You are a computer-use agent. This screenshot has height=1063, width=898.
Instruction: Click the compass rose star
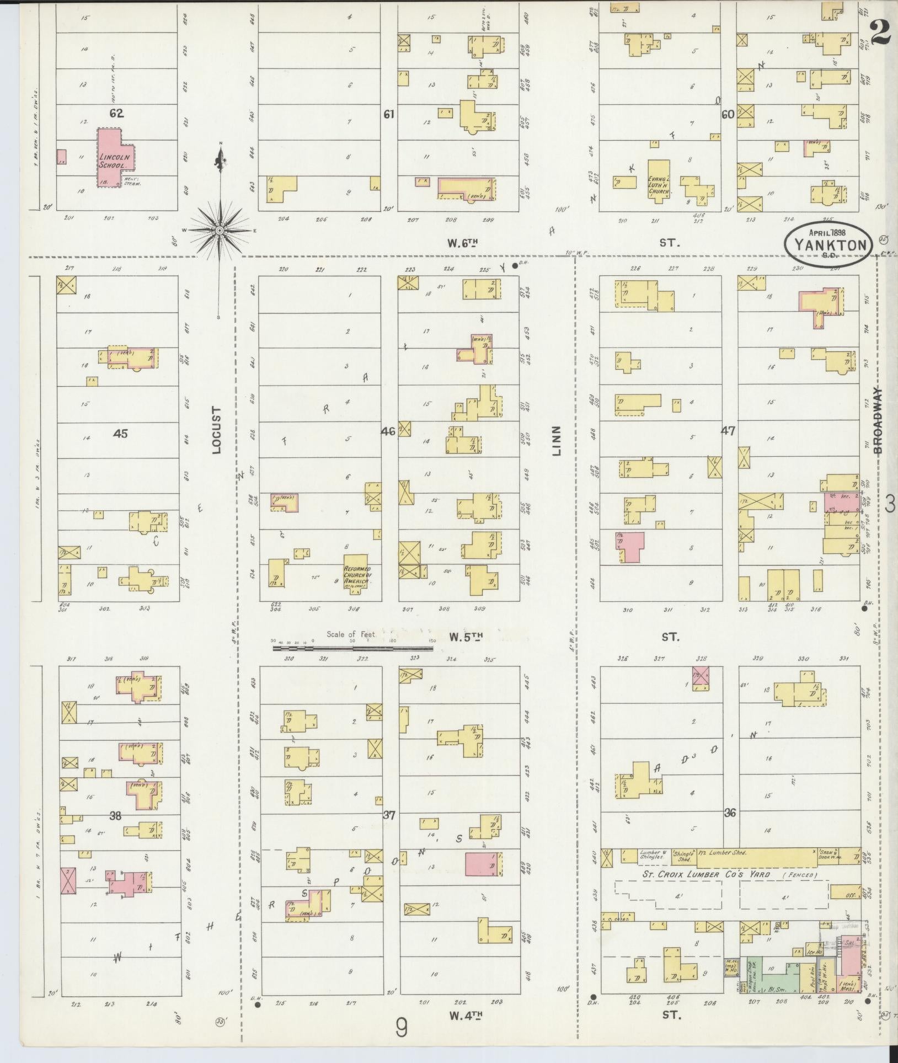[x=220, y=230]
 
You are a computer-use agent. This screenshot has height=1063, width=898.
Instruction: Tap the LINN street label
[x=557, y=441]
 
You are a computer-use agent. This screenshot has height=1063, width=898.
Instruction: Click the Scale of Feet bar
[x=353, y=648]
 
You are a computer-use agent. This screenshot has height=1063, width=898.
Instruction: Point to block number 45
[x=120, y=434]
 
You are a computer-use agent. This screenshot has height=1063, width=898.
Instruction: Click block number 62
[x=116, y=113]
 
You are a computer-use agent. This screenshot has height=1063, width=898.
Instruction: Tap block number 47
[x=728, y=431]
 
